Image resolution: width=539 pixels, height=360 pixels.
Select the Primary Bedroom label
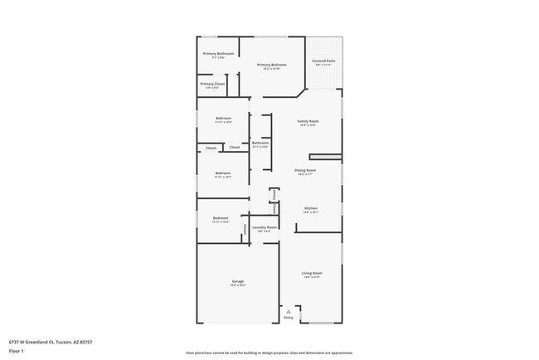tap(271, 65)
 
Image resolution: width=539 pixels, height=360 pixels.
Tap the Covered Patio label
tap(323, 61)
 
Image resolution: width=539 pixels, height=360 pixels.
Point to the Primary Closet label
tap(212, 84)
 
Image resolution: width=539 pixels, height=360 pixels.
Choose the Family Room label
tap(308, 121)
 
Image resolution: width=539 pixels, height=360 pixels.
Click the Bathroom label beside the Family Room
tap(260, 144)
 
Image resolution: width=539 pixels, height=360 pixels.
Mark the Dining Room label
tap(305, 171)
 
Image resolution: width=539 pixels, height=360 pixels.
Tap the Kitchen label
tap(311, 208)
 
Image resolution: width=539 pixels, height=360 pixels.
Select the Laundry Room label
tap(266, 227)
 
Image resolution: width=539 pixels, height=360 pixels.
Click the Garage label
tap(238, 283)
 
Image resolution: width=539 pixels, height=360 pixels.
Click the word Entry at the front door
tap(289, 318)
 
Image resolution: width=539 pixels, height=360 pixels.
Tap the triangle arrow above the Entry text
tap(289, 311)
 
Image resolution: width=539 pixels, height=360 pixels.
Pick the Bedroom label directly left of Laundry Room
tap(221, 218)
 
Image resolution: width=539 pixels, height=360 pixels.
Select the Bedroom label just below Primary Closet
tap(223, 118)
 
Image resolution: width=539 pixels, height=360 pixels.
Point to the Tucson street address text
tap(51, 342)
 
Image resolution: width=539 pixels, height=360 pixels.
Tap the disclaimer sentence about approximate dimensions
tap(270, 353)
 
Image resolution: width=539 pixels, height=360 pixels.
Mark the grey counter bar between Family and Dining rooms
tap(325, 156)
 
